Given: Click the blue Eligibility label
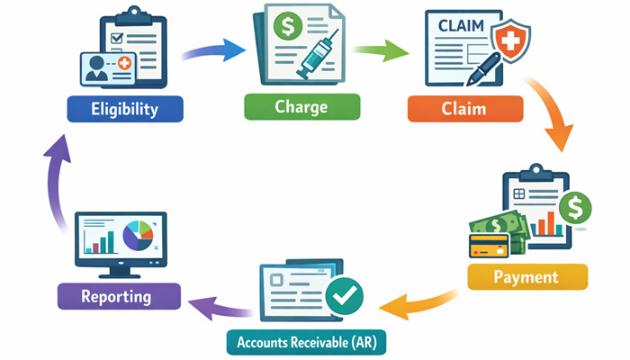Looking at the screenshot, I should point(125,110).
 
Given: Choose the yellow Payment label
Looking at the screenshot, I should point(526,276).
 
